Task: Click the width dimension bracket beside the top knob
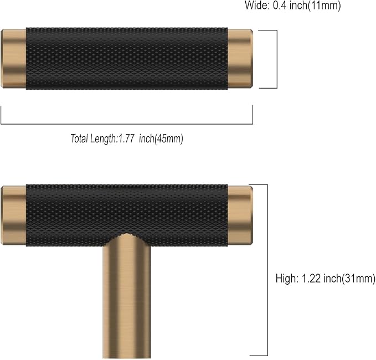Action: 275,59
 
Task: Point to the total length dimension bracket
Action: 127,123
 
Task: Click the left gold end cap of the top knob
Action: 14,58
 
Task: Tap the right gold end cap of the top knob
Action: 240,58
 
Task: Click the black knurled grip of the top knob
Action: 127,58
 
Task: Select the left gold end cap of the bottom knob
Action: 14,215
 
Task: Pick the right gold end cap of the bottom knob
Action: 240,215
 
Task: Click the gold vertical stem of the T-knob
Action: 127,299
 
